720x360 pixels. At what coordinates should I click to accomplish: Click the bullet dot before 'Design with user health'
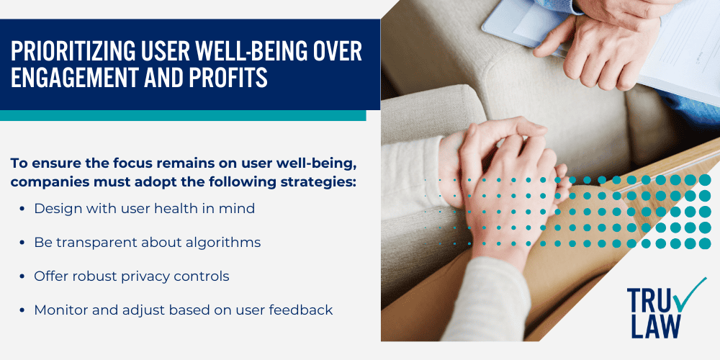pyautogui.click(x=24, y=209)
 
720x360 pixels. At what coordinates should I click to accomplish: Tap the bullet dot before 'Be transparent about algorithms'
pyautogui.click(x=24, y=243)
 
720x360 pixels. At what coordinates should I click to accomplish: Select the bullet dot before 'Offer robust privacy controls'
pyautogui.click(x=24, y=276)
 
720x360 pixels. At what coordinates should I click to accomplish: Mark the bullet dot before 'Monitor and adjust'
pyautogui.click(x=24, y=310)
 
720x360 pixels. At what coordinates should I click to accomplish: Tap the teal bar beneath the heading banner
pyautogui.click(x=183, y=115)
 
